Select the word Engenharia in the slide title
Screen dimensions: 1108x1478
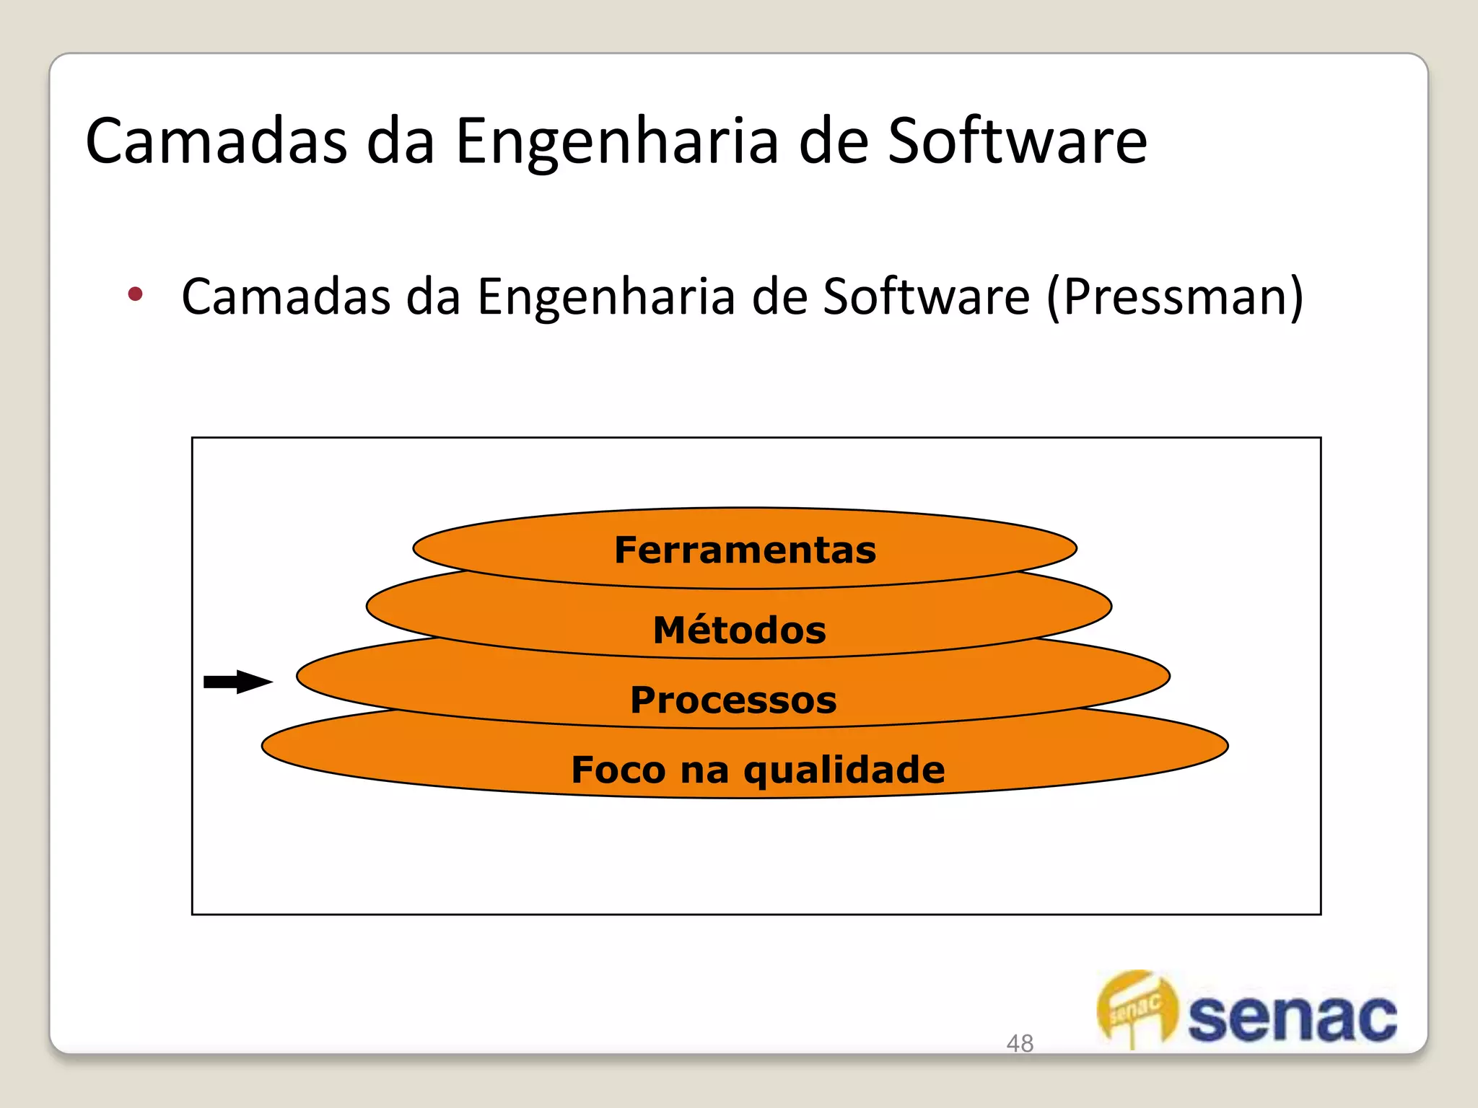click(617, 141)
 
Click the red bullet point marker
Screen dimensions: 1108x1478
click(135, 294)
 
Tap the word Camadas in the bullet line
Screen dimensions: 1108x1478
click(285, 296)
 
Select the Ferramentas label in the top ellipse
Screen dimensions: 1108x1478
click(745, 550)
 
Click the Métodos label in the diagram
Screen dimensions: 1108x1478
click(739, 630)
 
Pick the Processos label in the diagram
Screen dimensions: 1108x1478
click(733, 700)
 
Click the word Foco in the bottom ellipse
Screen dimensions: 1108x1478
click(618, 770)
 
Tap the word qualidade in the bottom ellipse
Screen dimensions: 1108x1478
click(844, 771)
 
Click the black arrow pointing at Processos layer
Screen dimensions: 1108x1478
click(238, 682)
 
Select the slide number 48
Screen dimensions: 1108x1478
click(1019, 1043)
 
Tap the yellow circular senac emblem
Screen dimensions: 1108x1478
click(1137, 1007)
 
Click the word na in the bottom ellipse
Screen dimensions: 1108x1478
click(704, 771)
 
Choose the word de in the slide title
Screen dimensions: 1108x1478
click(833, 141)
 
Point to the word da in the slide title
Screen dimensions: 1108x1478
click(401, 141)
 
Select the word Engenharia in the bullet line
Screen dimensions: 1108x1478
click(605, 296)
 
